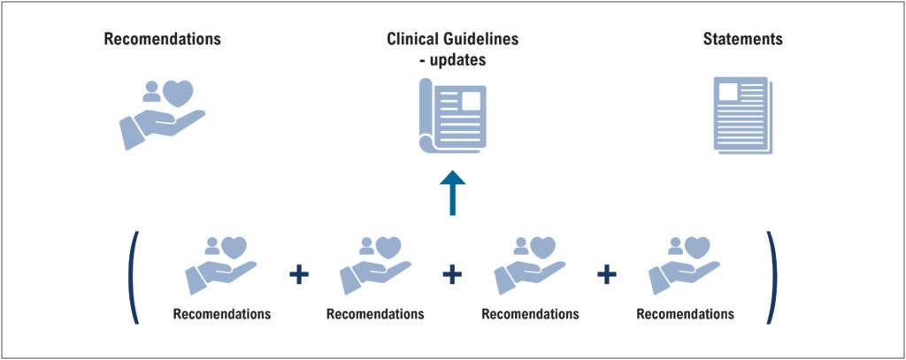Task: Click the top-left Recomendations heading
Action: click(x=163, y=39)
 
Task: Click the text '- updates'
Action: click(x=452, y=59)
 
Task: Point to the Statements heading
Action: click(x=742, y=39)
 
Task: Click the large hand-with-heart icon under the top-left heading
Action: click(x=163, y=115)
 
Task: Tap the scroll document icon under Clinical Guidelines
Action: click(x=452, y=116)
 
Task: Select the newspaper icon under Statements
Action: click(x=743, y=115)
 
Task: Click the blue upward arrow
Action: click(x=452, y=193)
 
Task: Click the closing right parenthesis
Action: click(x=772, y=278)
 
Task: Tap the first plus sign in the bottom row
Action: click(x=299, y=274)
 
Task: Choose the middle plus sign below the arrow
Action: click(x=452, y=274)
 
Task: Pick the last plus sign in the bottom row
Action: click(x=607, y=274)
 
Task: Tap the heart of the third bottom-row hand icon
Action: click(x=542, y=248)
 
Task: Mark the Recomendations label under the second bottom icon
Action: click(x=375, y=314)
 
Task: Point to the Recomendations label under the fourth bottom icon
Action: click(x=686, y=314)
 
